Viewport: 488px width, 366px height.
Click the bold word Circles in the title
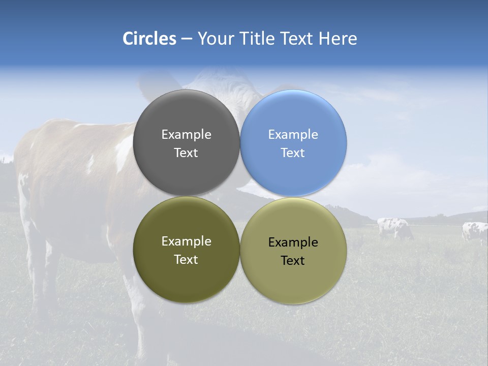149,39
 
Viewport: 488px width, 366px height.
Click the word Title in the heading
255,39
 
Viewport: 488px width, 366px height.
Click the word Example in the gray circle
186,135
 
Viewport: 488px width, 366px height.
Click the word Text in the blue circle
293,153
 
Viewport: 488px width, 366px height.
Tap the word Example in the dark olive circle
186,241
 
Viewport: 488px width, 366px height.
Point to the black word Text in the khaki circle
293,261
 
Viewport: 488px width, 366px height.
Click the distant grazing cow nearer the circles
394,227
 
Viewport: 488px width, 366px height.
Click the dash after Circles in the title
187,39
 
